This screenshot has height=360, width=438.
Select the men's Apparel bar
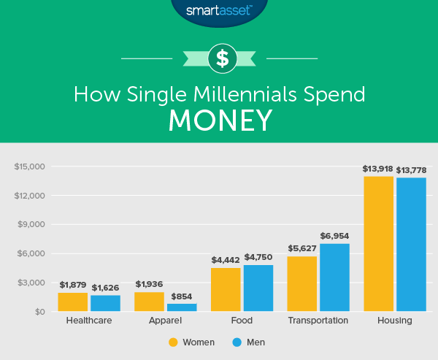182,307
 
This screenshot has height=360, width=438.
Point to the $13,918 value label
378,169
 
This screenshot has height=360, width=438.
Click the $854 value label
182,296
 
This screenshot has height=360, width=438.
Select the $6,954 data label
335,236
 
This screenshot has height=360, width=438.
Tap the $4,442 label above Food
226,260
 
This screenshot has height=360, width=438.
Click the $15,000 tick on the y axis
30,166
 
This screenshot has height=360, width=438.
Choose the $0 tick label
39,312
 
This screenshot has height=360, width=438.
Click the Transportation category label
318,321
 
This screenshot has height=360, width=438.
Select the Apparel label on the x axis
166,321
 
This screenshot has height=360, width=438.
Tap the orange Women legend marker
173,342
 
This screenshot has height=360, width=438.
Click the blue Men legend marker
237,342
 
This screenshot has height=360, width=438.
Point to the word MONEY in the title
220,120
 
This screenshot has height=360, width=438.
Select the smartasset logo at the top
219,11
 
